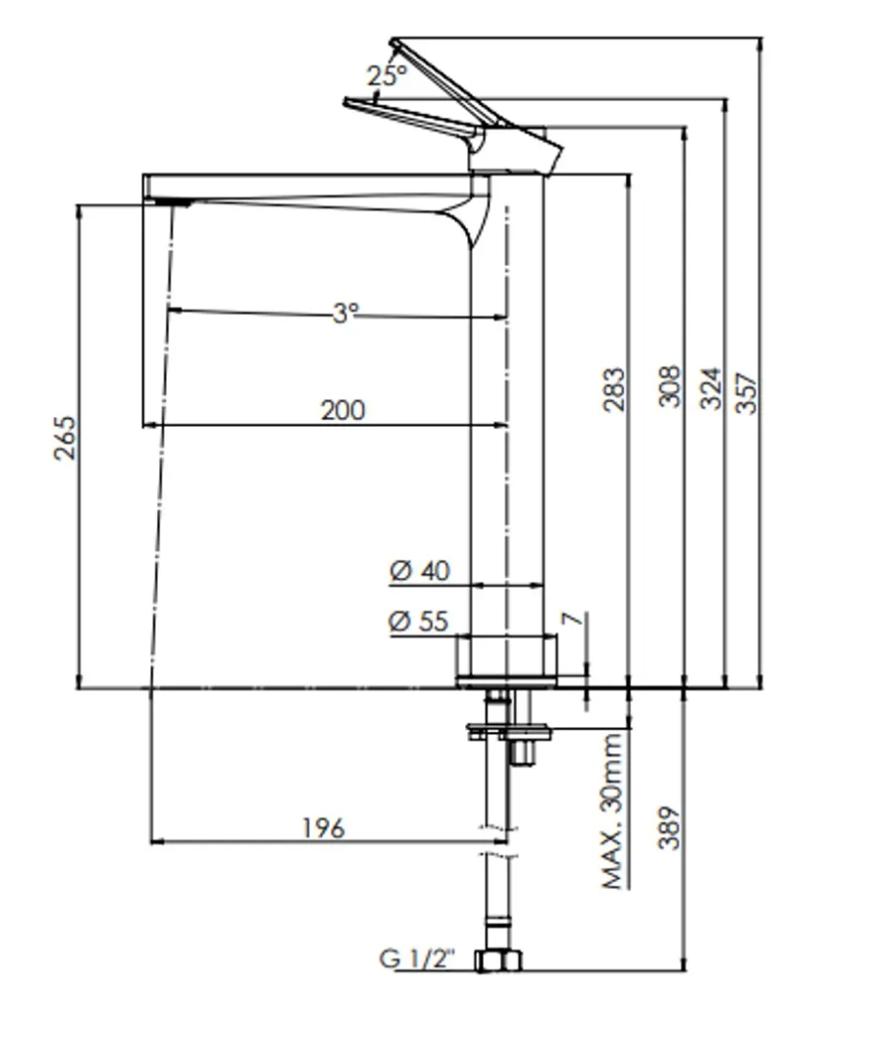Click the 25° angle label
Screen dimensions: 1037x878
pyautogui.click(x=386, y=76)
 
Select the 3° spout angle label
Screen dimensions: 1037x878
pyautogui.click(x=344, y=313)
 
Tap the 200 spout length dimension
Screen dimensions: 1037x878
pyautogui.click(x=342, y=409)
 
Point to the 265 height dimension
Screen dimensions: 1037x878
pyautogui.click(x=65, y=439)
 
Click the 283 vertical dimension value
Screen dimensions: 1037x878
pyautogui.click(x=613, y=389)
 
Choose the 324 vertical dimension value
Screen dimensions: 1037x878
pyautogui.click(x=710, y=389)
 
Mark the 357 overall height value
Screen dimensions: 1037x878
pyautogui.click(x=747, y=391)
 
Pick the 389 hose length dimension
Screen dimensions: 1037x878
pyautogui.click(x=669, y=829)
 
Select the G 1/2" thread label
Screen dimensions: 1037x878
pyautogui.click(x=419, y=959)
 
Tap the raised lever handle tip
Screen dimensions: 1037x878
pyautogui.click(x=394, y=44)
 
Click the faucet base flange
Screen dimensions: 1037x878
pyautogui.click(x=507, y=680)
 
